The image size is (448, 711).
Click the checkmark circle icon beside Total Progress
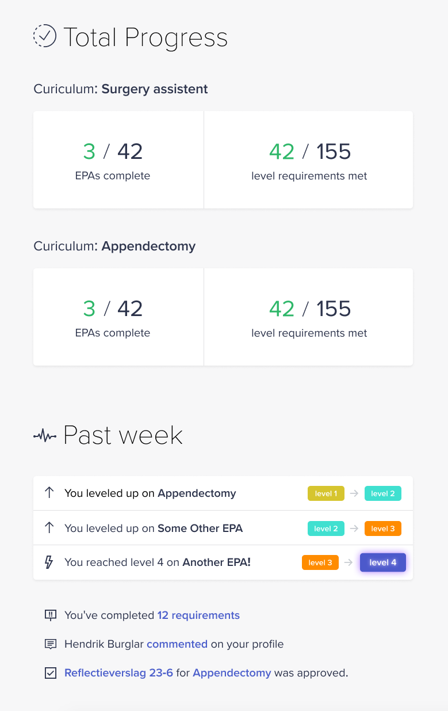pos(44,36)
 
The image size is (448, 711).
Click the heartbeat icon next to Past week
pos(44,436)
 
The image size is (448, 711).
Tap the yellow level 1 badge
pos(326,493)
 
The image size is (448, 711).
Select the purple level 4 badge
pos(382,562)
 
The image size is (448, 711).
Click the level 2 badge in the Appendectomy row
pos(382,493)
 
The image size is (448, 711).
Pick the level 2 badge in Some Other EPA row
pos(326,529)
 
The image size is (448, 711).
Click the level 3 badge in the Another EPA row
pos(320,562)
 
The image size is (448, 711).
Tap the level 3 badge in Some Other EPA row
pos(382,529)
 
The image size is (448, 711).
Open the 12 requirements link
pos(198,615)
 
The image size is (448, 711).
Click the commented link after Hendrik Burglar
pos(177,644)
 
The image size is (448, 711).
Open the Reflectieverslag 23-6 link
pos(118,673)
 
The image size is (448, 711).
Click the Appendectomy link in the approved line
pos(232,673)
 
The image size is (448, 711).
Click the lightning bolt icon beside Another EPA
pos(49,562)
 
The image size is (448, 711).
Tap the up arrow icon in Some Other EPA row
pos(49,528)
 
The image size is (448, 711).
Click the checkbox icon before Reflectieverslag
pos(51,673)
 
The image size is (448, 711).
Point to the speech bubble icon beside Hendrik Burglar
pos(51,644)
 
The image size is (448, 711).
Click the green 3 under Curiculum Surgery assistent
pos(89,151)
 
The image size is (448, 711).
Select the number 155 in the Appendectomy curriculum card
pos(334,309)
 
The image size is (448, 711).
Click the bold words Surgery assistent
pos(155,89)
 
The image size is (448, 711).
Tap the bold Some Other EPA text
pos(200,528)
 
